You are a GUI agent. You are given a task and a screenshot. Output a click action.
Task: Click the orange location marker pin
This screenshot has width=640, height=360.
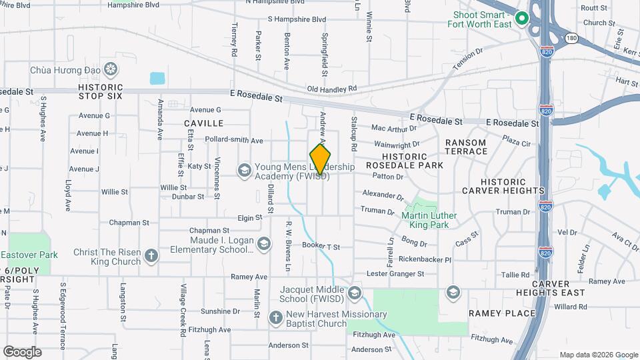coord(321,159)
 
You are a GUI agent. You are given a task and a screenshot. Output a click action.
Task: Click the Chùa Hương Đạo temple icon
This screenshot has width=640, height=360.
coord(111,69)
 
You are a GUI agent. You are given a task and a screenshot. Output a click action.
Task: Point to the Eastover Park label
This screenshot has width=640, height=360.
coord(29,255)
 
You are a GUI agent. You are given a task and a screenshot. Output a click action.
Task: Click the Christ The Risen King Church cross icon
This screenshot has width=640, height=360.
coord(151,256)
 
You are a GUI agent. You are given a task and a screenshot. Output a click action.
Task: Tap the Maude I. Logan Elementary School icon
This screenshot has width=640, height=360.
coord(265,245)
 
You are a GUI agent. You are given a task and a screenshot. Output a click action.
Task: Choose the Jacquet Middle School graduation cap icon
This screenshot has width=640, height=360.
coord(355,293)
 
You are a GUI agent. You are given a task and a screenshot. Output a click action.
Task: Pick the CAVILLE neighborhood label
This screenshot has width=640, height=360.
coord(203,123)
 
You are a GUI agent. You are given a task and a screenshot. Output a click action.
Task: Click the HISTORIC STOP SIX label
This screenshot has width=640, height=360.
coord(101,91)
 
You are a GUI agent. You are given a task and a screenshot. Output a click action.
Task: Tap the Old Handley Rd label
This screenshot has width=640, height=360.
coord(332,88)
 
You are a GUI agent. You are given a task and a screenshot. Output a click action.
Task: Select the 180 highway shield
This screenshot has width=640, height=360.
coord(571,38)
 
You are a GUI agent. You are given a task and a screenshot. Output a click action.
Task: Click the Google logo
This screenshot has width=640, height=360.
coord(22,351)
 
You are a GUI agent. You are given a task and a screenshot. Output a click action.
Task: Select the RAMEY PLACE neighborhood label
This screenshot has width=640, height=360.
coord(502,313)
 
